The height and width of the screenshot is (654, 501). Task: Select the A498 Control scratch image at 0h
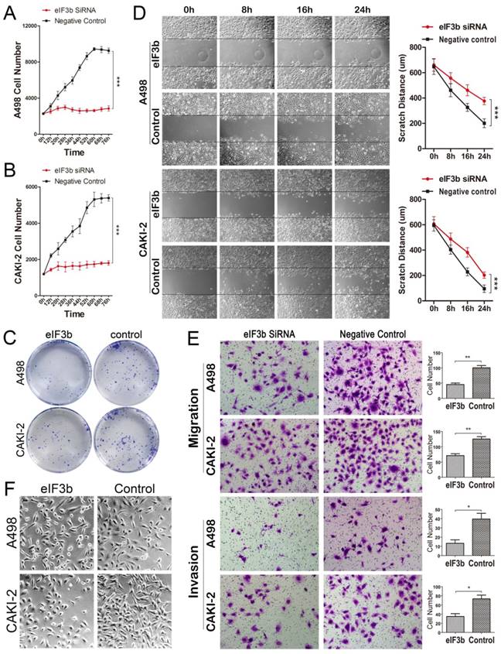(x=189, y=125)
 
